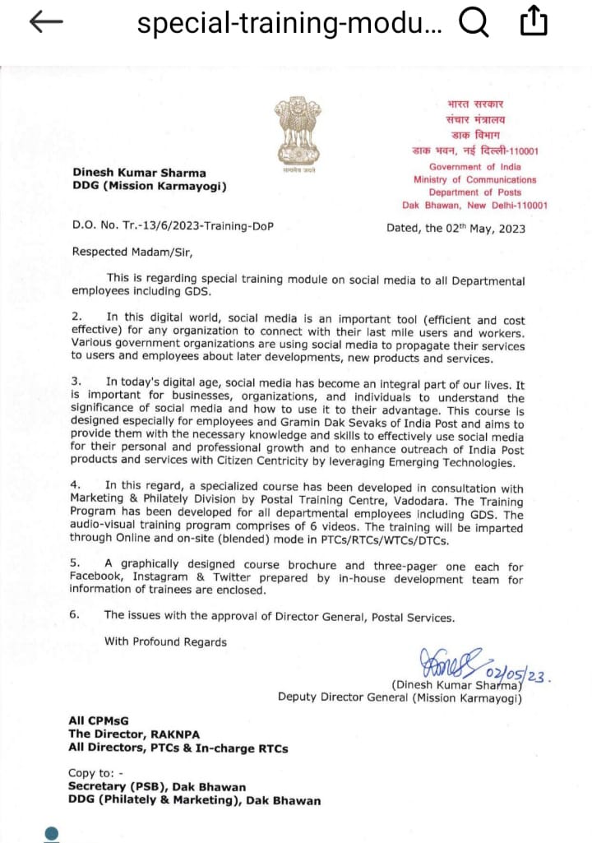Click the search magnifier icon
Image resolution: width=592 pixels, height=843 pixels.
coord(474,23)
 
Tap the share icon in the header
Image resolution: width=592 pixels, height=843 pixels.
coord(534,22)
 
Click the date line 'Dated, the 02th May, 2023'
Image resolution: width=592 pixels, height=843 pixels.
coord(456,229)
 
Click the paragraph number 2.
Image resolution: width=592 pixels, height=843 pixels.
coord(76,317)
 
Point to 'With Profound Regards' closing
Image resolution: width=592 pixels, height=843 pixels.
coord(165,642)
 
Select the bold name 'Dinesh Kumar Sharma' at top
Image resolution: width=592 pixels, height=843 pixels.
coord(139,173)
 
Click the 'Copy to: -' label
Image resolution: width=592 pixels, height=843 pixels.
coord(97,772)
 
